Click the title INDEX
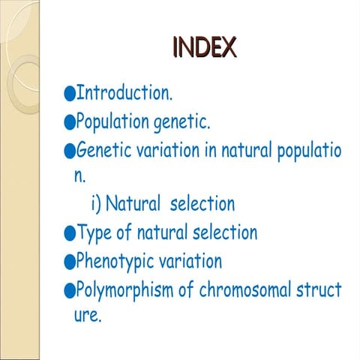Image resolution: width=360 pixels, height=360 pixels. [x=204, y=48]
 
